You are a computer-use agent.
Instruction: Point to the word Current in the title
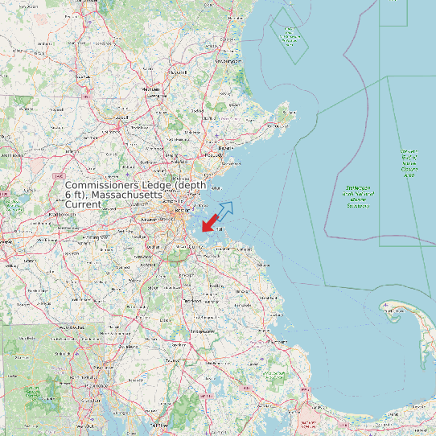[x=83, y=205]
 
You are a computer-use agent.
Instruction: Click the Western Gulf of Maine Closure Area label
[x=409, y=162]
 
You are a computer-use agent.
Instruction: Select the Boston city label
[x=192, y=211]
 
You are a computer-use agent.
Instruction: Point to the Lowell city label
[x=122, y=117]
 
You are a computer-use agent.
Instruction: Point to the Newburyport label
[x=228, y=61]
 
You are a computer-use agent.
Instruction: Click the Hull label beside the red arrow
[x=220, y=228]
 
